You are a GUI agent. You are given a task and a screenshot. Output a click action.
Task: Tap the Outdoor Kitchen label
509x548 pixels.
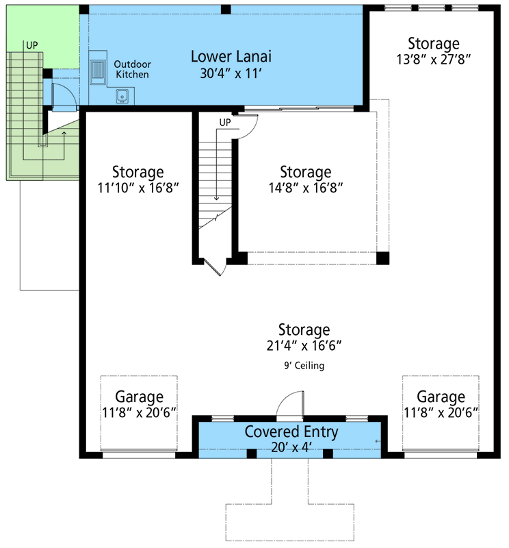(132, 69)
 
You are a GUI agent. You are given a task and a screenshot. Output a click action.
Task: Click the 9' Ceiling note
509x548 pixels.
(304, 366)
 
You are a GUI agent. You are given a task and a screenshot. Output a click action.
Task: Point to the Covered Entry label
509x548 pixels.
(291, 432)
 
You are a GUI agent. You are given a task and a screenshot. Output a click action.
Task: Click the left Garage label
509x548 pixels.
(139, 397)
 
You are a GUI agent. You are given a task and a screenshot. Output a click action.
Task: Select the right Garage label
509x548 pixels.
(441, 397)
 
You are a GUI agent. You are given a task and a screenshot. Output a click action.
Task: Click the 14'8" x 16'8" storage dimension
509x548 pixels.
(306, 187)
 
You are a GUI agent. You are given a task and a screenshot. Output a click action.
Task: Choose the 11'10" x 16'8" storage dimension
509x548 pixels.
(138, 187)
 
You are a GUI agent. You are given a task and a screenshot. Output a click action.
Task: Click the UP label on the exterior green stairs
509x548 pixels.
(31, 45)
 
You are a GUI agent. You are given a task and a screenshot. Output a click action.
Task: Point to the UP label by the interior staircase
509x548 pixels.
(225, 123)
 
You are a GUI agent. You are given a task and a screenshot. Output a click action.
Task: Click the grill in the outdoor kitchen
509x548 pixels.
(98, 71)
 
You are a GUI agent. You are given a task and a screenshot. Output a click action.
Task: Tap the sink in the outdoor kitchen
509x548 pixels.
(123, 96)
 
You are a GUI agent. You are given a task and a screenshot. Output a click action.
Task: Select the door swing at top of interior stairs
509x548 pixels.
(246, 125)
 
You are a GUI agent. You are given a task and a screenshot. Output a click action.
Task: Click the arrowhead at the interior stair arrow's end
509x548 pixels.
(217, 199)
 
